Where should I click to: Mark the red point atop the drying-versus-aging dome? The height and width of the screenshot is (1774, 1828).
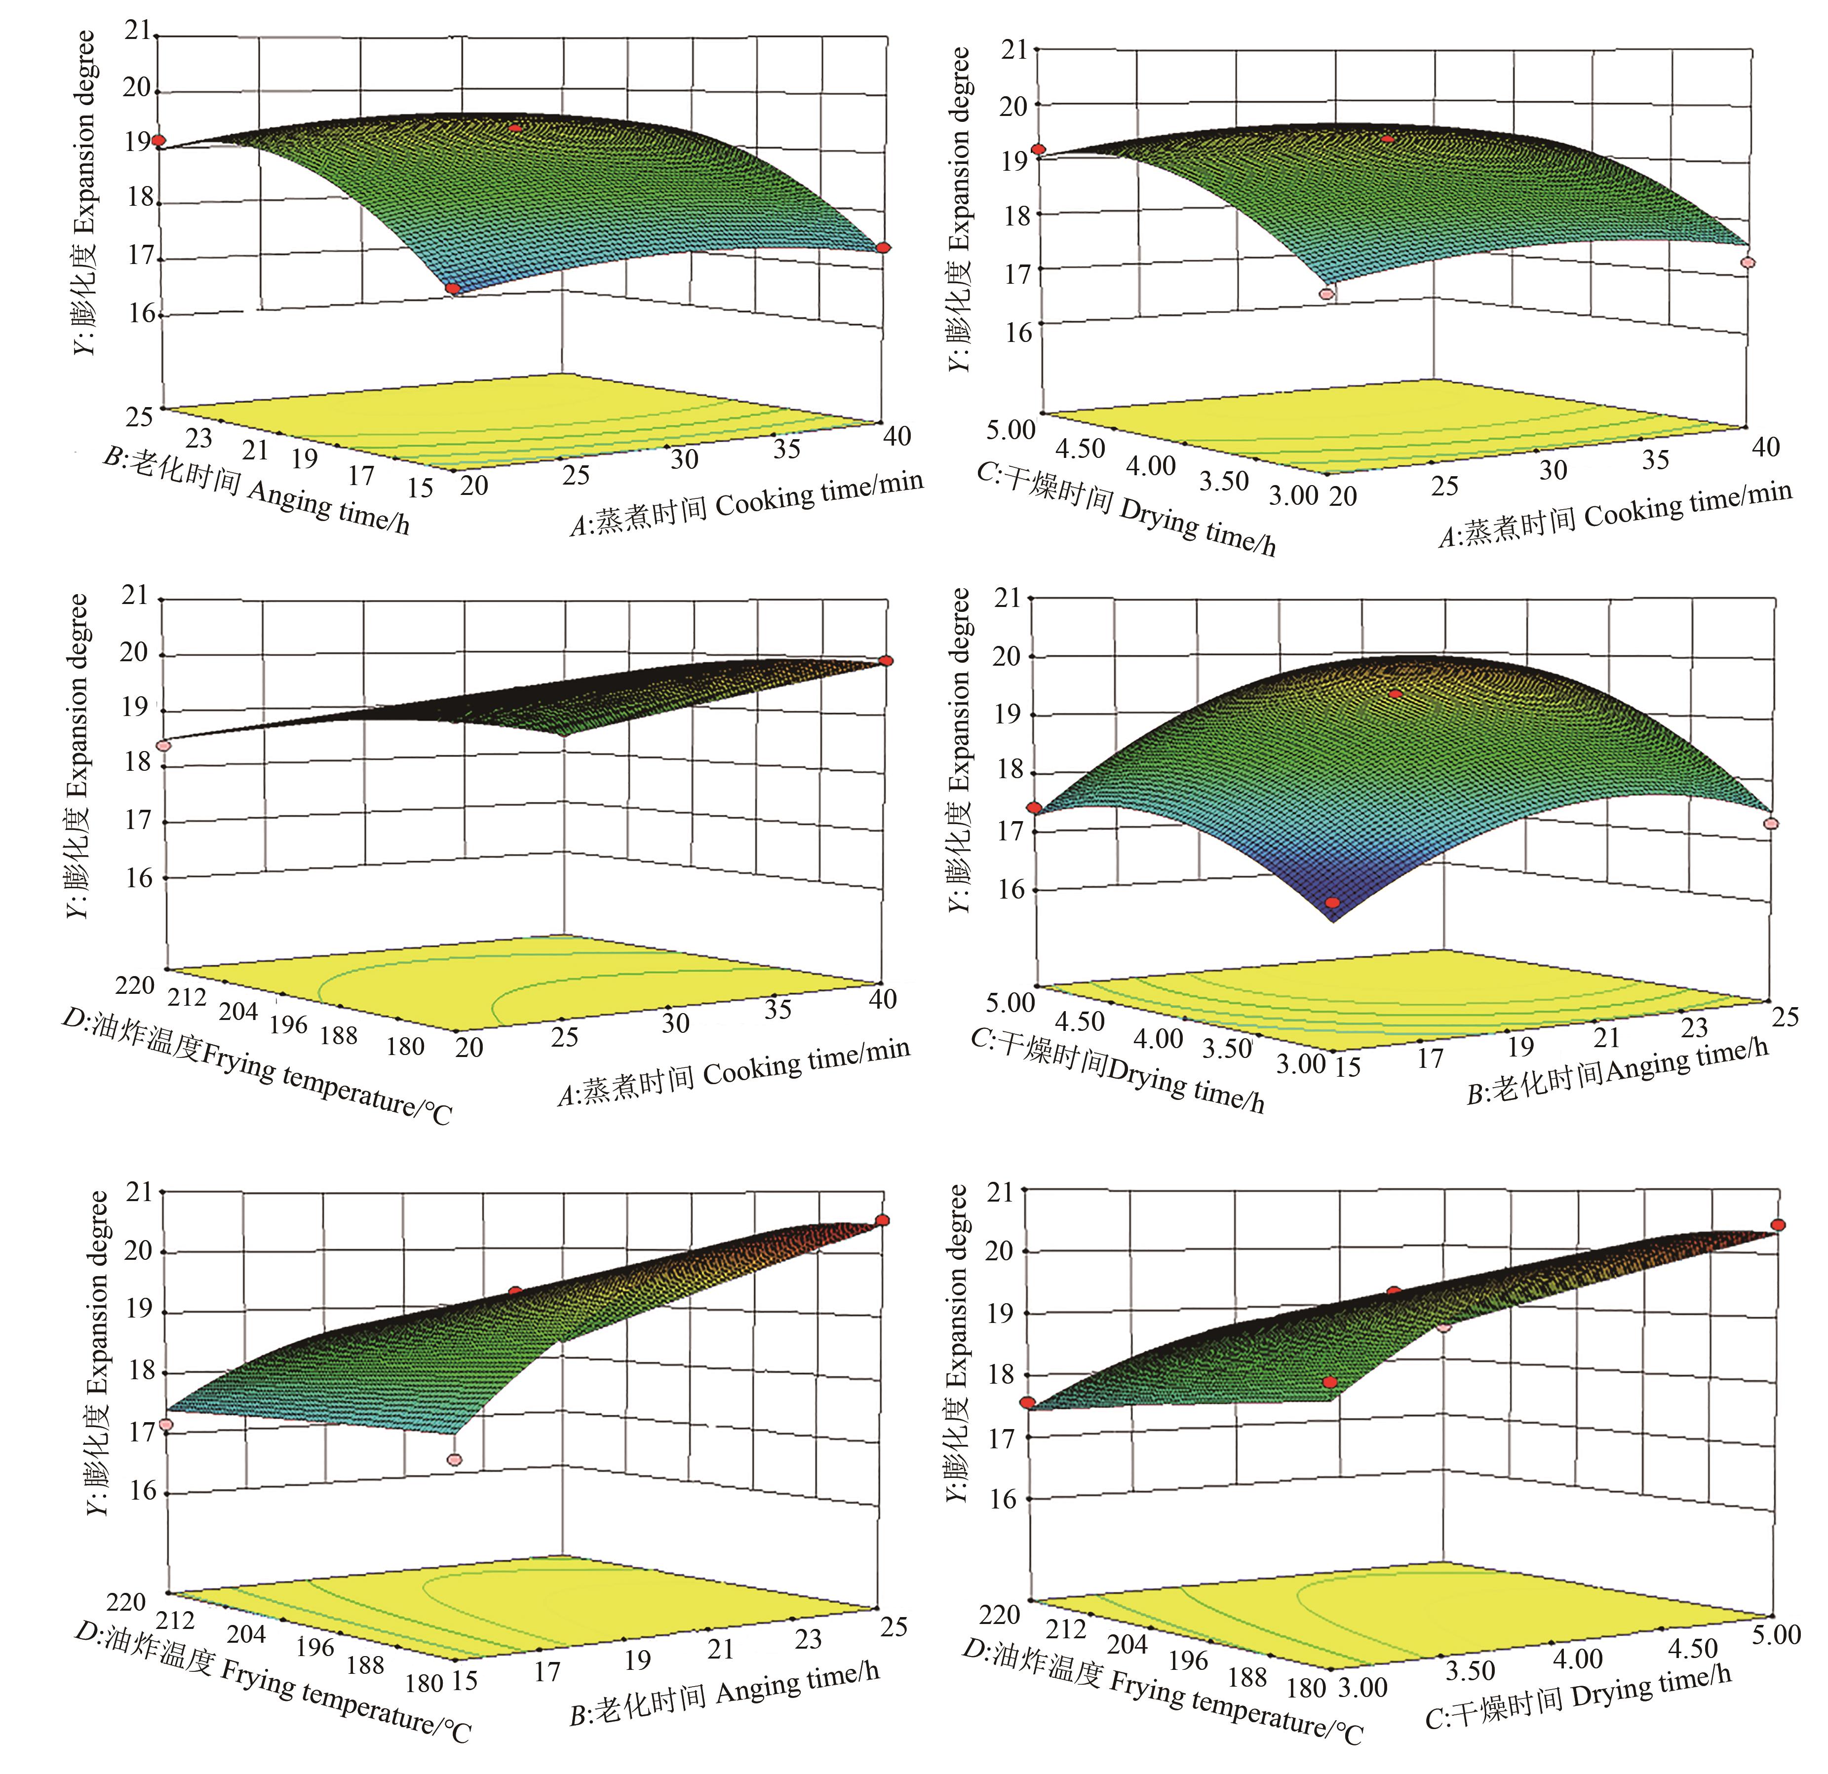pyautogui.click(x=1395, y=694)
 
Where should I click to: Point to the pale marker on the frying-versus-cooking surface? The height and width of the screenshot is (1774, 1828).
pyautogui.click(x=164, y=745)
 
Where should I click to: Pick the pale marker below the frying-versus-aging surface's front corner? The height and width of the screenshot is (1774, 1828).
pyautogui.click(x=454, y=1460)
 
